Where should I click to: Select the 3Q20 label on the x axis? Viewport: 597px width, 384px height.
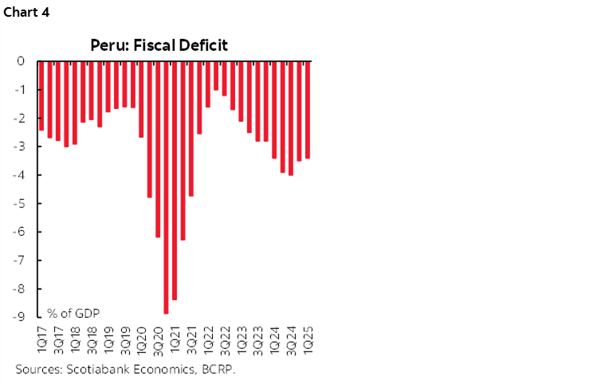[x=158, y=335]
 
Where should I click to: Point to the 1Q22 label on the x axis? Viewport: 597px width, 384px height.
[x=208, y=335]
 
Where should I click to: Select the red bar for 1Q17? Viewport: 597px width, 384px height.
[x=41, y=96]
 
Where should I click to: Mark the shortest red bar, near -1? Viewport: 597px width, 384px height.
[x=216, y=76]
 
